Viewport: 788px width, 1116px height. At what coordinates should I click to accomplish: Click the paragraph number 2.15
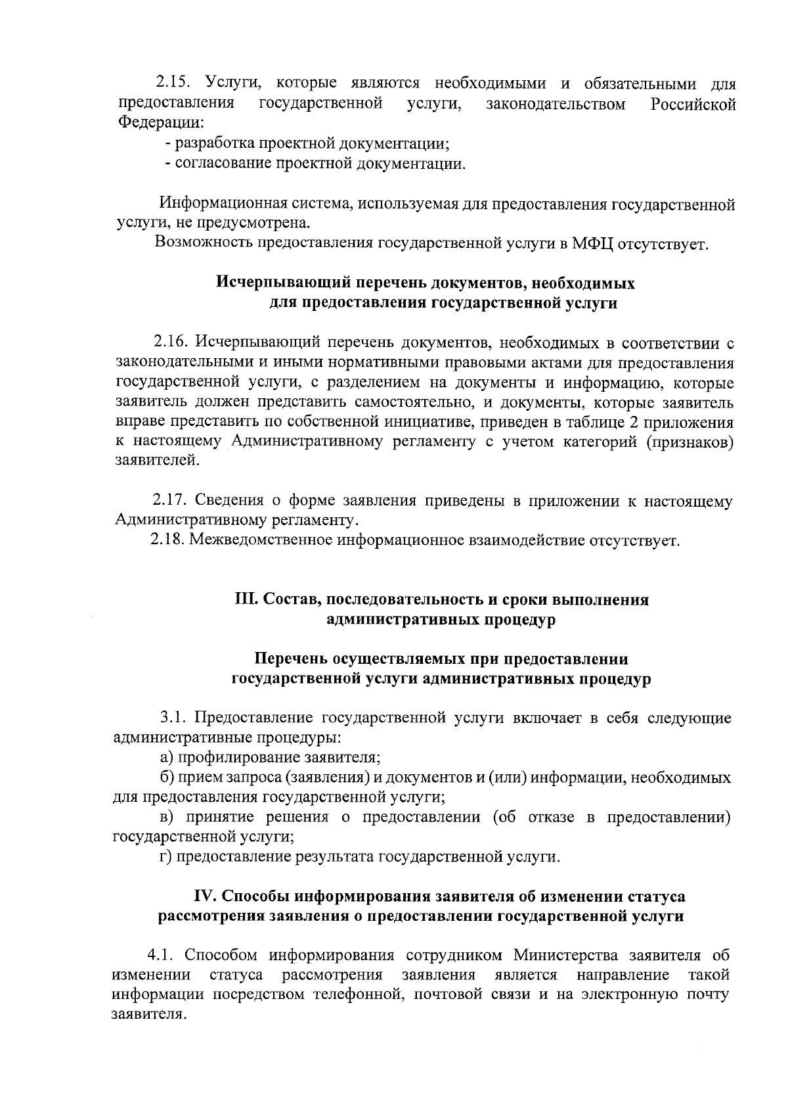[x=173, y=84]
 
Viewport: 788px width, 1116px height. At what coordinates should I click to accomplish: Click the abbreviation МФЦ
[x=594, y=244]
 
